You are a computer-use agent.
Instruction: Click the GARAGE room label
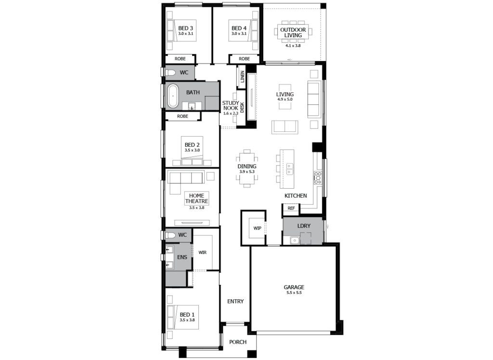tap(293, 287)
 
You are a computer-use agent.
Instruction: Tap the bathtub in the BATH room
tap(172, 96)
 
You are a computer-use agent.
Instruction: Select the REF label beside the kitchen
tap(290, 208)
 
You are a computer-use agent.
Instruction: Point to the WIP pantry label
tap(258, 228)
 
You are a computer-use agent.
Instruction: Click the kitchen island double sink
tap(290, 169)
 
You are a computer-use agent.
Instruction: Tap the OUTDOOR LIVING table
tap(293, 32)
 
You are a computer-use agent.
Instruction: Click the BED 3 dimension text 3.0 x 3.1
tap(185, 34)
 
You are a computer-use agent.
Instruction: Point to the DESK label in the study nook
tap(242, 108)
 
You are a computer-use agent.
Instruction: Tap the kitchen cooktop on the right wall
tap(318, 178)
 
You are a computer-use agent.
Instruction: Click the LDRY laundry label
tap(303, 225)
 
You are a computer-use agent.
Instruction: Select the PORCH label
tap(238, 342)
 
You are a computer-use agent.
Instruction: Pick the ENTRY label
tap(235, 301)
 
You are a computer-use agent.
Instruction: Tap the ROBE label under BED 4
tap(244, 59)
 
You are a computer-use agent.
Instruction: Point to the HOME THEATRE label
tap(196, 198)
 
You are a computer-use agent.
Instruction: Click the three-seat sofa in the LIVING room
tap(313, 99)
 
